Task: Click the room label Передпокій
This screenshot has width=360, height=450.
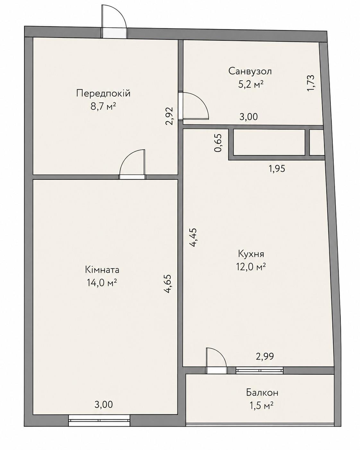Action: [x=103, y=93]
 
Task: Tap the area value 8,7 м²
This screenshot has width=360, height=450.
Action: [x=103, y=107]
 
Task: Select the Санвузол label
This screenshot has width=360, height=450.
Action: [x=250, y=71]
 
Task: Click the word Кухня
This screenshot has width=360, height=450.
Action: [x=251, y=254]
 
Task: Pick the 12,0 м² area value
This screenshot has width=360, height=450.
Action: [x=251, y=267]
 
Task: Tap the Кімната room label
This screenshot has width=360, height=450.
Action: [x=102, y=270]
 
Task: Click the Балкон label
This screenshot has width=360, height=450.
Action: [x=262, y=393]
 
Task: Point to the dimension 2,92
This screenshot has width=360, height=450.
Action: [x=169, y=116]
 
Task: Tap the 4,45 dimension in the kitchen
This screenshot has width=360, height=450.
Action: [x=193, y=238]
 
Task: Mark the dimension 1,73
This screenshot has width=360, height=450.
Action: [x=311, y=83]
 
